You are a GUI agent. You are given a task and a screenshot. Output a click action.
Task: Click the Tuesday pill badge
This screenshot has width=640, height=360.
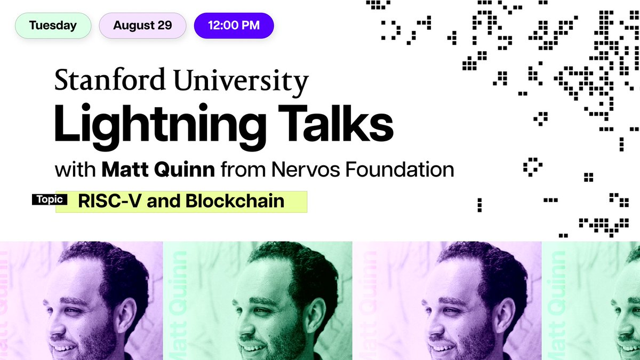pos(53,26)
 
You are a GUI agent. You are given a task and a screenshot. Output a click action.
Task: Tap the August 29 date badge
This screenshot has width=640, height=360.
pos(142,26)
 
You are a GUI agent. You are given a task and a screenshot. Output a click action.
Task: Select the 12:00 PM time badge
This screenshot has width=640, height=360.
pos(234,26)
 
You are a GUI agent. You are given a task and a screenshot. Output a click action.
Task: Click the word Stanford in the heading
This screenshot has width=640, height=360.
pos(110,79)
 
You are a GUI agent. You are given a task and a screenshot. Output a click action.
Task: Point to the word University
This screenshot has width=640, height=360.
pos(241,82)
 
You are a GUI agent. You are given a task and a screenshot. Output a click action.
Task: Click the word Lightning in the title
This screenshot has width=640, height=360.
pos(161,126)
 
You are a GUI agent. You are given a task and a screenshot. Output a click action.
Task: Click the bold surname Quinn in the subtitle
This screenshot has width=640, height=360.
pos(185,170)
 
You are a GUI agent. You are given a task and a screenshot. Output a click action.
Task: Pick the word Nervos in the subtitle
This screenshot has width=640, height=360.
pos(305,170)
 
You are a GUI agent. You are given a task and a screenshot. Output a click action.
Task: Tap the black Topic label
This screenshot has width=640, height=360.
pos(50,199)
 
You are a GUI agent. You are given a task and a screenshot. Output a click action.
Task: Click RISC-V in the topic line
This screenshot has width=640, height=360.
pos(110,201)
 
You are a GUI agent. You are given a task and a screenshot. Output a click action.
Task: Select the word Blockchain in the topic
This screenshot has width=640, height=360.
pos(235,201)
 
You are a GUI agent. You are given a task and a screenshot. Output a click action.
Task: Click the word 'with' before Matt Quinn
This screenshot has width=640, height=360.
pos(75,170)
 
